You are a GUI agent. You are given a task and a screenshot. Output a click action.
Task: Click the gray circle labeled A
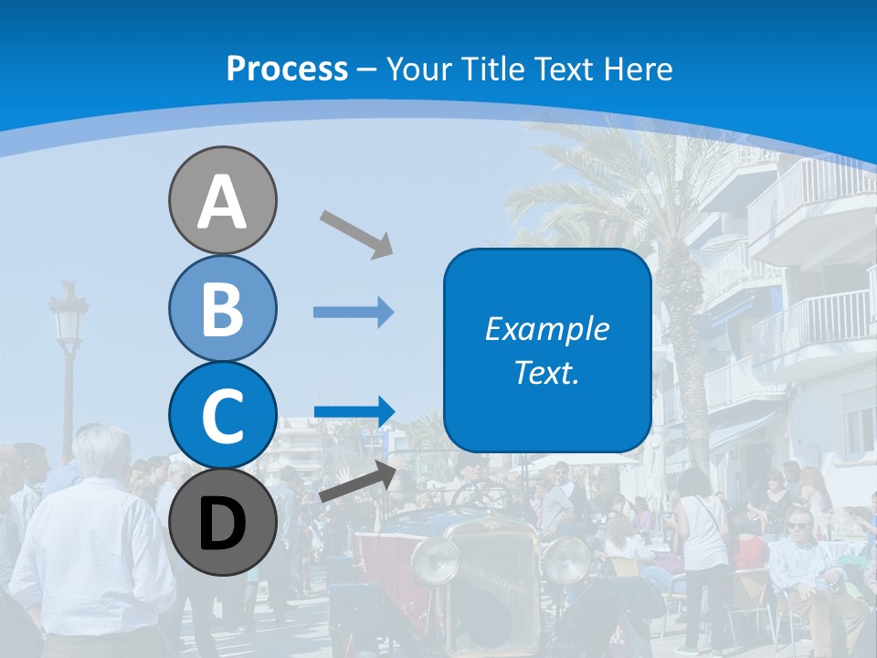coord(222,200)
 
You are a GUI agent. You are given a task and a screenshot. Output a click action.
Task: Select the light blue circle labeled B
coord(222,308)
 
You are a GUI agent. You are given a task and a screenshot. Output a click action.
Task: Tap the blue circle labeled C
coord(222,415)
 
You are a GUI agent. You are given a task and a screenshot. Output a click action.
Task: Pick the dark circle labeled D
coord(222,523)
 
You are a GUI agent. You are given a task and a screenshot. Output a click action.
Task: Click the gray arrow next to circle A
coord(356,232)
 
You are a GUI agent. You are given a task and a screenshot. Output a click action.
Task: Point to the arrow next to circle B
coord(354,313)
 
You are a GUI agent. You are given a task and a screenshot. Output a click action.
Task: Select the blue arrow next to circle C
coord(354,411)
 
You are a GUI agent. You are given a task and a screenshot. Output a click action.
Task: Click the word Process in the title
coord(287,69)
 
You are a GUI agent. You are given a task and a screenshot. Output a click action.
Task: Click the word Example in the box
coord(546,329)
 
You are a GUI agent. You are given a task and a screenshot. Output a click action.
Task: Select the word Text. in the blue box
coord(546,373)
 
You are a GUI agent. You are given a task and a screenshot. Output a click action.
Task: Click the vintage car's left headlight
coord(434,560)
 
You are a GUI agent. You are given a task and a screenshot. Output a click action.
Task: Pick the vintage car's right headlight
coord(566,558)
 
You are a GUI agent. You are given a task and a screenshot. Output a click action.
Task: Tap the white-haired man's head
coord(101,450)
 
